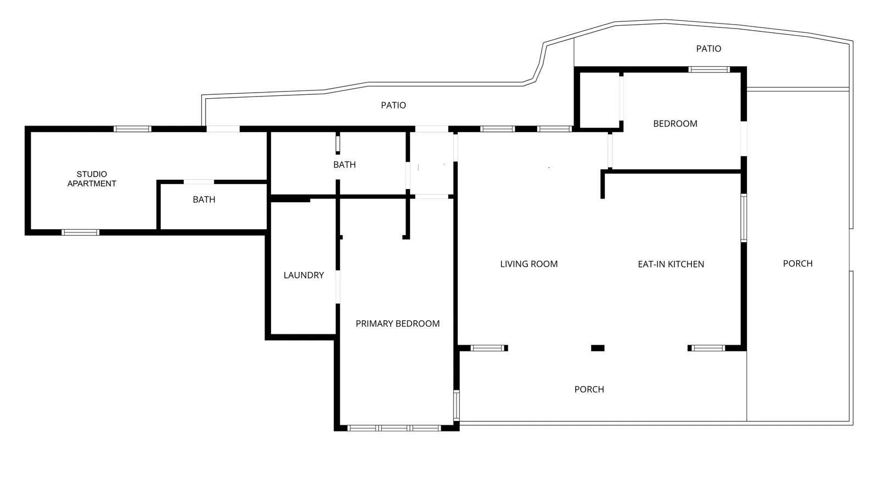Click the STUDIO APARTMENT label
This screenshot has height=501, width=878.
pyautogui.click(x=92, y=179)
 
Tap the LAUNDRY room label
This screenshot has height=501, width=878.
pyautogui.click(x=304, y=275)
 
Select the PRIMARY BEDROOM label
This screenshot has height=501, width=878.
pyautogui.click(x=397, y=324)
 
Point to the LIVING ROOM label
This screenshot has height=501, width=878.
pyautogui.click(x=529, y=264)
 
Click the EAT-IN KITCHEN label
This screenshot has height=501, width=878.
pyautogui.click(x=671, y=264)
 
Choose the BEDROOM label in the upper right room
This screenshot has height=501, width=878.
pyautogui.click(x=676, y=124)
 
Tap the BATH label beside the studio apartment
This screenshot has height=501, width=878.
pyautogui.click(x=204, y=200)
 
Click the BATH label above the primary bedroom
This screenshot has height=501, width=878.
pyautogui.click(x=345, y=165)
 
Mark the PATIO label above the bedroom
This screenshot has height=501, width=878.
pyautogui.click(x=708, y=49)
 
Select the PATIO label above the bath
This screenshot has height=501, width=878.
pyautogui.click(x=393, y=105)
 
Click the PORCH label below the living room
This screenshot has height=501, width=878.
pyautogui.click(x=589, y=389)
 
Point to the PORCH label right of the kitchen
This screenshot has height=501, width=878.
pyautogui.click(x=798, y=264)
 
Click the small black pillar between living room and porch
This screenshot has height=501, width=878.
pyautogui.click(x=598, y=348)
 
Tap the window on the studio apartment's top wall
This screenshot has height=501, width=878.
pyautogui.click(x=132, y=129)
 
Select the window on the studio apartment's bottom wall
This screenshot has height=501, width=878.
pyautogui.click(x=80, y=232)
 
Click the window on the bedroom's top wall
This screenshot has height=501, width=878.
pyautogui.click(x=709, y=70)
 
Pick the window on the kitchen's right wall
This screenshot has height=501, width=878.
pyautogui.click(x=744, y=218)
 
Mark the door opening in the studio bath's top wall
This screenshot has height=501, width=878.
pyautogui.click(x=199, y=181)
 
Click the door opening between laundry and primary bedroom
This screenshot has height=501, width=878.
pyautogui.click(x=337, y=287)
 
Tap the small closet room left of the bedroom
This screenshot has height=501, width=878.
pyautogui.click(x=599, y=100)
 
